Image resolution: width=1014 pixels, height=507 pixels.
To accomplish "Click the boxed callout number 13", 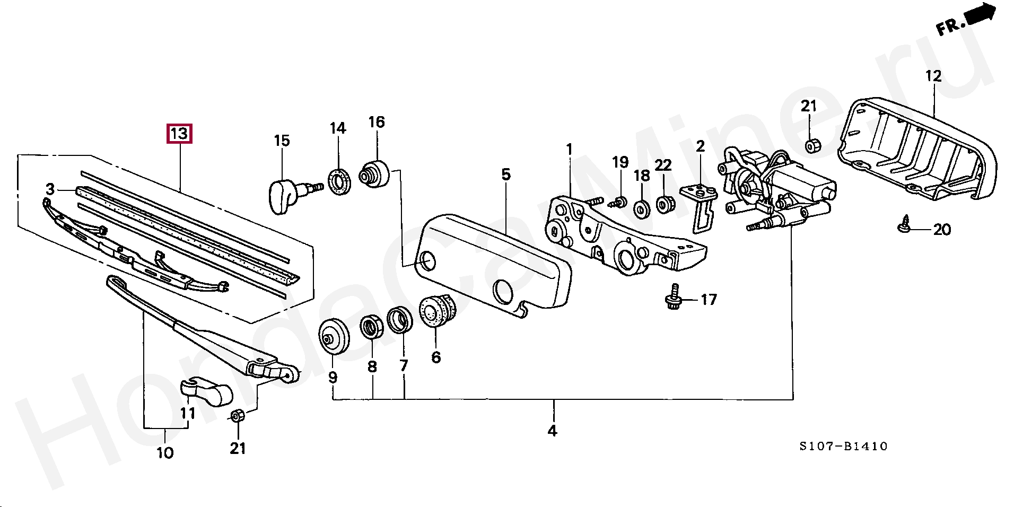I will pyautogui.click(x=179, y=134).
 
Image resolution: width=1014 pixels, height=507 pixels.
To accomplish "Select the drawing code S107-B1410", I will pyautogui.click(x=843, y=447).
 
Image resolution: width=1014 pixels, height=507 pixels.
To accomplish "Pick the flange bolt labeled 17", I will pyautogui.click(x=674, y=298).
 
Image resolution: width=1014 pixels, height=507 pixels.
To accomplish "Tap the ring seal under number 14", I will pyautogui.click(x=338, y=181).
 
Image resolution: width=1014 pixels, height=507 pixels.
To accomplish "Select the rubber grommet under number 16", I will pyautogui.click(x=374, y=172).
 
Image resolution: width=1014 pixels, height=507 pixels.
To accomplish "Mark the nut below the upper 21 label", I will pyautogui.click(x=811, y=145).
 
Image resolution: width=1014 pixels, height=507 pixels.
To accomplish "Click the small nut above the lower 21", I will pyautogui.click(x=238, y=416).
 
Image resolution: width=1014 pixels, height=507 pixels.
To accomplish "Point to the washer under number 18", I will pyautogui.click(x=642, y=208).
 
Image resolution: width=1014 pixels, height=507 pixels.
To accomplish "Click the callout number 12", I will pyautogui.click(x=933, y=76).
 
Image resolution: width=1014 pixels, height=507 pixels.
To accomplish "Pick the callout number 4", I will pyautogui.click(x=553, y=431).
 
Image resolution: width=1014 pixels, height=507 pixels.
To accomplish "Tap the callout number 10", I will pyautogui.click(x=165, y=452).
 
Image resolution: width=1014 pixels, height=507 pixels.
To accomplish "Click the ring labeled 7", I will pyautogui.click(x=400, y=320).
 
